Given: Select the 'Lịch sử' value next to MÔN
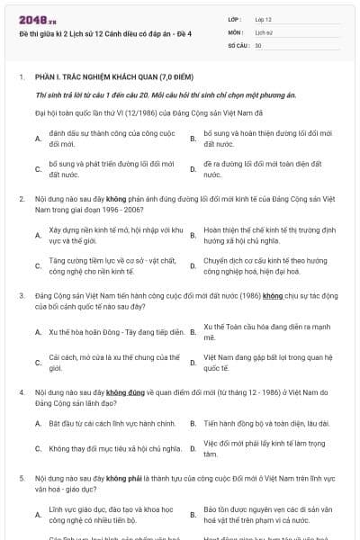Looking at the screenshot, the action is pyautogui.click(x=263, y=31).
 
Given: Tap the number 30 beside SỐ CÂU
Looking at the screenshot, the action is pyautogui.click(x=258, y=44).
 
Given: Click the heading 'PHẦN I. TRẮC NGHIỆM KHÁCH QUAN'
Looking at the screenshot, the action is pyautogui.click(x=114, y=77).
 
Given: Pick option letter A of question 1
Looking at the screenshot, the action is pyautogui.click(x=38, y=139).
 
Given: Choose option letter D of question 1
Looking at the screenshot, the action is pyautogui.click(x=193, y=168).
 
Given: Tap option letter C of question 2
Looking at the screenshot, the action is pyautogui.click(x=38, y=265).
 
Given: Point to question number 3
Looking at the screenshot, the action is pyautogui.click(x=22, y=294).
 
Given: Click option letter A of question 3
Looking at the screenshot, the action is pyautogui.click(x=38, y=332).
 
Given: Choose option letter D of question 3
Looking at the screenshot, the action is pyautogui.click(x=193, y=363).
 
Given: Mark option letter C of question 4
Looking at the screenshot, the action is pyautogui.click(x=38, y=447).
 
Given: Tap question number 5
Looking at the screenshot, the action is pyautogui.click(x=22, y=477).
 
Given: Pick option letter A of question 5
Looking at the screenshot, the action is pyautogui.click(x=38, y=515).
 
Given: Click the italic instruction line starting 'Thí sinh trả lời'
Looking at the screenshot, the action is pyautogui.click(x=152, y=94).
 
